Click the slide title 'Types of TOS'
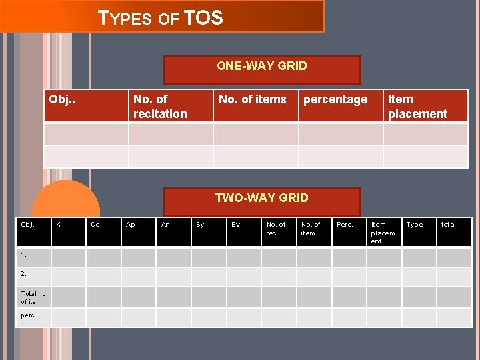pyautogui.click(x=161, y=17)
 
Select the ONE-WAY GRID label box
pyautogui.click(x=262, y=66)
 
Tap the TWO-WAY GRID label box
pyautogui.click(x=262, y=198)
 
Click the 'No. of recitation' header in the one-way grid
pyautogui.click(x=160, y=107)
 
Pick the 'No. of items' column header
pyautogui.click(x=252, y=100)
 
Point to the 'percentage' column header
pyautogui.click(x=335, y=100)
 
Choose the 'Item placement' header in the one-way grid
pyautogui.click(x=417, y=107)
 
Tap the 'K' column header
pyautogui.click(x=59, y=225)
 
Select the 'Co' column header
pyautogui.click(x=95, y=225)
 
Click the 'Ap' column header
pyautogui.click(x=131, y=225)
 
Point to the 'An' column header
pyautogui.click(x=165, y=225)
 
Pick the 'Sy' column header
pyautogui.click(x=200, y=225)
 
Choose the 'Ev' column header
pyautogui.click(x=235, y=225)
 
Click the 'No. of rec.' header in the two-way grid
pyautogui.click(x=275, y=229)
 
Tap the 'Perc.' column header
pyautogui.click(x=345, y=225)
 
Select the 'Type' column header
pyautogui.click(x=415, y=225)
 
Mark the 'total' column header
pyautogui.click(x=449, y=225)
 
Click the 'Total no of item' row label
pyautogui.click(x=33, y=297)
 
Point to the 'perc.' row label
pyautogui.click(x=29, y=315)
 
